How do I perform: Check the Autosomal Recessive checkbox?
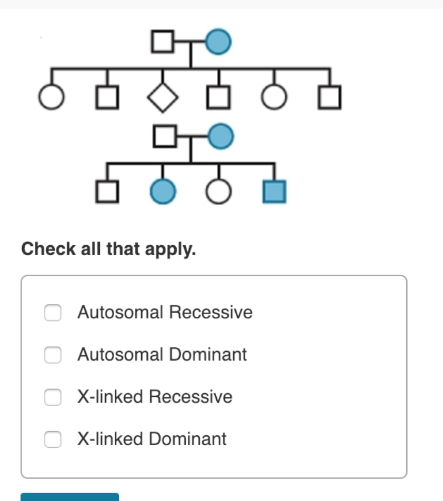53,313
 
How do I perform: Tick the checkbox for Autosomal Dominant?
53,355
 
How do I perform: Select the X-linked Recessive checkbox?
53,397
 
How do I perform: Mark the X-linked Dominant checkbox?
53,439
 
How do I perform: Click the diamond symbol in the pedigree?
163,98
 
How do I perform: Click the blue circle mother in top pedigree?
218,42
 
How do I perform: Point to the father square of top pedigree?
163,42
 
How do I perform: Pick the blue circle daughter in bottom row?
163,192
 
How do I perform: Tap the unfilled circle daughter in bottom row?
218,192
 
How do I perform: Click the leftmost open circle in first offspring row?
51,98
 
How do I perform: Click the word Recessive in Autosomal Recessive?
210,313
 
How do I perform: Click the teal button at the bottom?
69,497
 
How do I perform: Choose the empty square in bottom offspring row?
107,192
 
